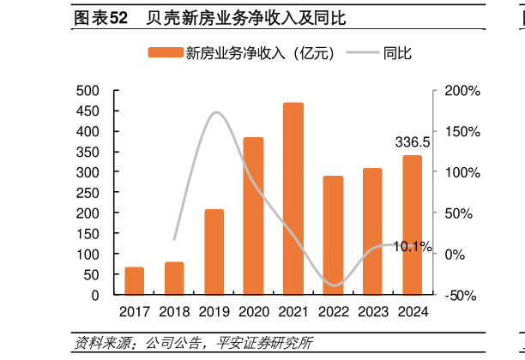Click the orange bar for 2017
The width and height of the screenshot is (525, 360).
(135, 281)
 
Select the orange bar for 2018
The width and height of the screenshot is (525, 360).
(174, 279)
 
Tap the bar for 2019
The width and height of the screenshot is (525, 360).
(214, 252)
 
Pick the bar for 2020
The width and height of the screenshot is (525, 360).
(253, 216)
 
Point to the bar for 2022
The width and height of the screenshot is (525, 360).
(333, 236)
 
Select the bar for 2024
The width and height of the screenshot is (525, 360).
(412, 225)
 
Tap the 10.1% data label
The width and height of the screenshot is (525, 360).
(413, 247)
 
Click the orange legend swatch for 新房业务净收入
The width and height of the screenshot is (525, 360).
(165, 53)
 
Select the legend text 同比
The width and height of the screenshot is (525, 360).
(398, 53)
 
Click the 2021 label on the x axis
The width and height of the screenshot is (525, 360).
(293, 312)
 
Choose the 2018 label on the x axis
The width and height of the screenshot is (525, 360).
(174, 312)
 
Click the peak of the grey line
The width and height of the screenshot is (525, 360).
(217, 112)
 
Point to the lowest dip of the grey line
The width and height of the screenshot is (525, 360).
(334, 285)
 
